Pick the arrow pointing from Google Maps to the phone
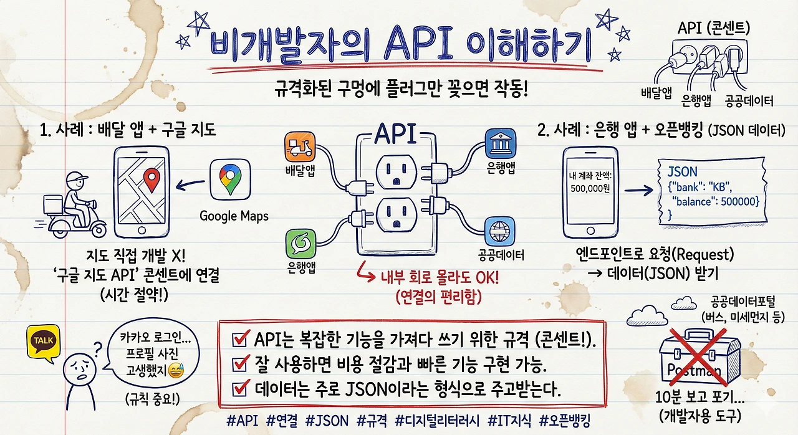point(192,183)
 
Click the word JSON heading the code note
point(682,171)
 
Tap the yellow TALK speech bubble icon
point(44,343)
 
